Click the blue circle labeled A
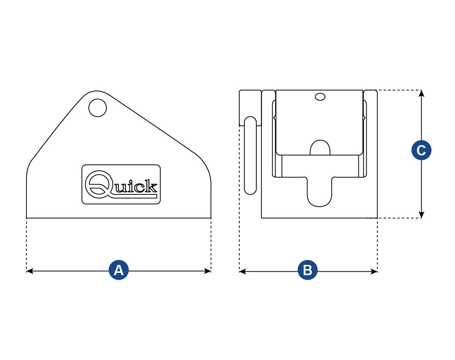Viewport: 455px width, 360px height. (119, 270)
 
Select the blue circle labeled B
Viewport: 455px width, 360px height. (308, 270)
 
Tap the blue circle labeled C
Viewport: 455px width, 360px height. (421, 150)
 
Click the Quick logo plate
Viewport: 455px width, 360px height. (121, 184)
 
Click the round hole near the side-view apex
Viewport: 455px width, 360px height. (97, 108)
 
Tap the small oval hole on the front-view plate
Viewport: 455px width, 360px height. (320, 97)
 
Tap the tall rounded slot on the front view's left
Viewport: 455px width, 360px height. (250, 155)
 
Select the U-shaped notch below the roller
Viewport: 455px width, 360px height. (319, 191)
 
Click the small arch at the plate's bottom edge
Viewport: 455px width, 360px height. (320, 148)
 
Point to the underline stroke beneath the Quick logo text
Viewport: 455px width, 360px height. (133, 196)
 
